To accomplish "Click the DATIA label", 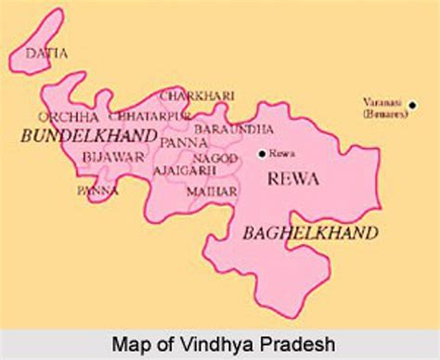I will pos(46,54).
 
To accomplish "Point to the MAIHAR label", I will pos(214,190).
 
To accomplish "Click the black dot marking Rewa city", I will pos(263,154).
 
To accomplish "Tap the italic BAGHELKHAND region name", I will pos(309,233).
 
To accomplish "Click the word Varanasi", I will pos(381,103).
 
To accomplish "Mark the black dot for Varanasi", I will pos(412,104).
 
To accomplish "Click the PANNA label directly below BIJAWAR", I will pos(97,190).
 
